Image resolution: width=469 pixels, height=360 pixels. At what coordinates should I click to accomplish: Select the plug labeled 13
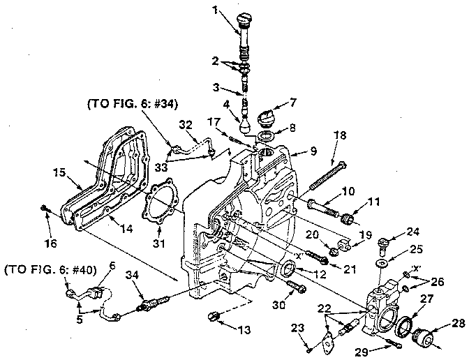point(216,318)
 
